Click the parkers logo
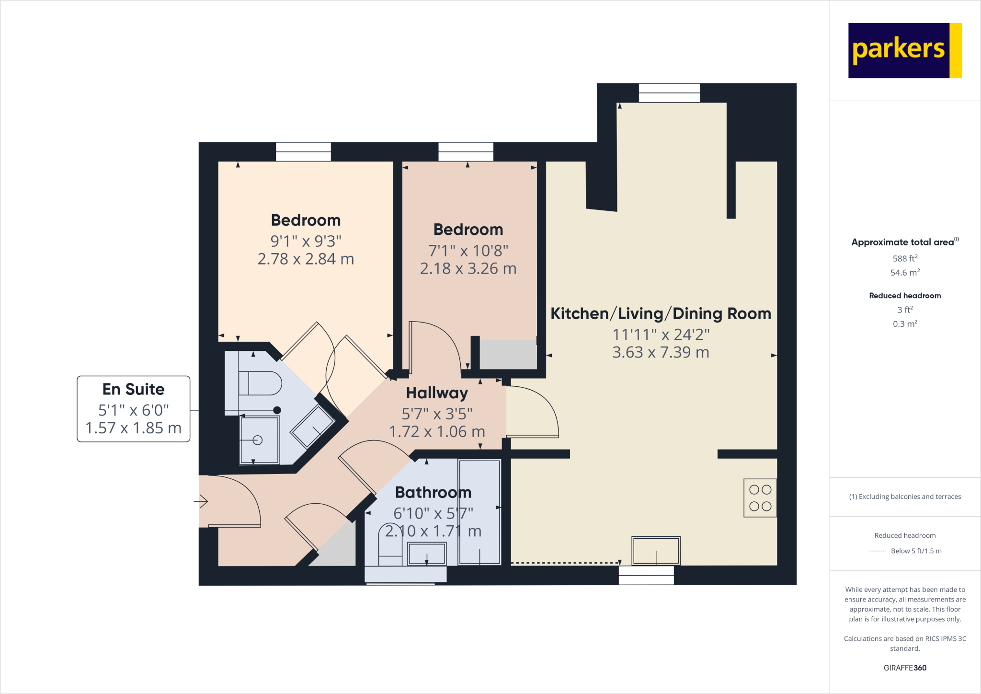904,50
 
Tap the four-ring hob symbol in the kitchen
760,498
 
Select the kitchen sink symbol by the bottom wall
655,551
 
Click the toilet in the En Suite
261,383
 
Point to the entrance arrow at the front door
201,502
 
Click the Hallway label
436,393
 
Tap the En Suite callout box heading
133,389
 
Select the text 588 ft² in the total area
904,258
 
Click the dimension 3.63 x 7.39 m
660,352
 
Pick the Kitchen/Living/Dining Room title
660,313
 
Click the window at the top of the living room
669,93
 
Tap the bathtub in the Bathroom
479,512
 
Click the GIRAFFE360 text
904,668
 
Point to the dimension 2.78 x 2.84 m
306,259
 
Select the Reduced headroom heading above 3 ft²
904,296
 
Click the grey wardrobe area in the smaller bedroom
508,355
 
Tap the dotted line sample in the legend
877,551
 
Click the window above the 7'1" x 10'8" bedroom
466,151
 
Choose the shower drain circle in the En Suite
258,440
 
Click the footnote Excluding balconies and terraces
904,497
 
